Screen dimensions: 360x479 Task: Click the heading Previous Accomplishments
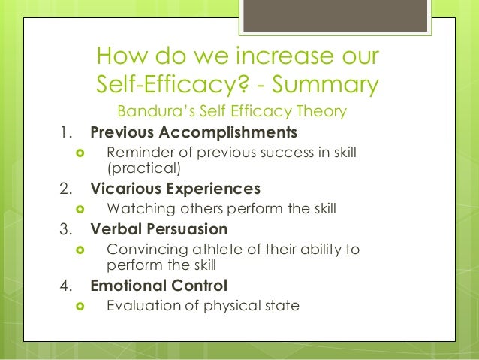click(x=194, y=134)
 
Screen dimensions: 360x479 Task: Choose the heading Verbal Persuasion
click(x=158, y=228)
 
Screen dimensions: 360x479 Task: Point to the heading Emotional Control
click(x=159, y=286)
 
